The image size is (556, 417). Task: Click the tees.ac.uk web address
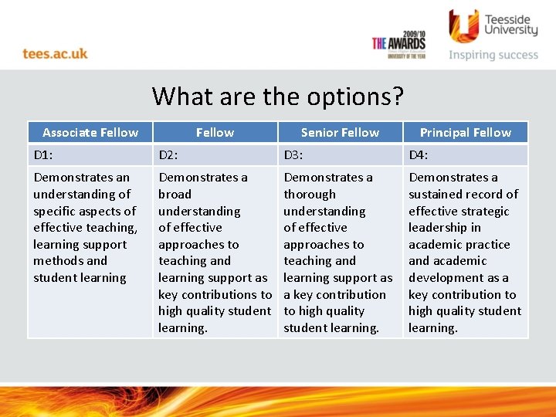coord(55,53)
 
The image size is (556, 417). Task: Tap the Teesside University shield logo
coord(463,25)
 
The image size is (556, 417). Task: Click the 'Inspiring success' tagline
coord(493,55)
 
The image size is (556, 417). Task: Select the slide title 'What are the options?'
coord(278,97)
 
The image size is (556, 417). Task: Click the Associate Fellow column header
coord(90,132)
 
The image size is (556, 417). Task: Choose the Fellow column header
coord(215,132)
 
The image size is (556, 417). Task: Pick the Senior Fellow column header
coord(340,132)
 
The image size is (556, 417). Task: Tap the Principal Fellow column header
coord(465,132)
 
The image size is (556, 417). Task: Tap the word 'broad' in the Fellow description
coord(175,194)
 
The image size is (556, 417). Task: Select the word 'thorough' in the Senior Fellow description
coord(310,194)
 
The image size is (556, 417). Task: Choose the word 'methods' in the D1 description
coord(59,261)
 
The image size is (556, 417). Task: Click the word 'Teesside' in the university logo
coord(510,17)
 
